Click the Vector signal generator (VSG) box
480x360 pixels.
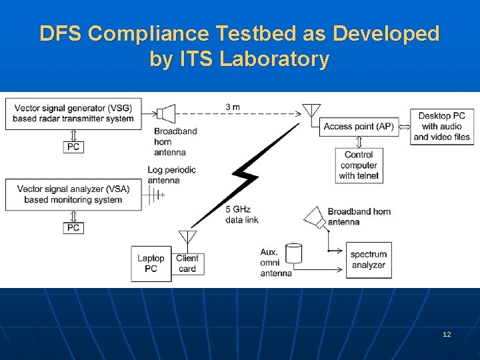[73, 113]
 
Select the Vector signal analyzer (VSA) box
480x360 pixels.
[73, 194]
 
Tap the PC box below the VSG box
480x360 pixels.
[73, 147]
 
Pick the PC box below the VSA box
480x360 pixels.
[73, 228]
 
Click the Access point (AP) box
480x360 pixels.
[359, 127]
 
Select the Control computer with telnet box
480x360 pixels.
[359, 165]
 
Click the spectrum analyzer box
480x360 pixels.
[368, 259]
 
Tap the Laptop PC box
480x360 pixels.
[151, 263]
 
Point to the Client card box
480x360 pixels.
[187, 263]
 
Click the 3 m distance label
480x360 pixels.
[233, 107]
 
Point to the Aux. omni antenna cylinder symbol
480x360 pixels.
[293, 253]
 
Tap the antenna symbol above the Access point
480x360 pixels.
[311, 111]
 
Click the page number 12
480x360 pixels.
[446, 334]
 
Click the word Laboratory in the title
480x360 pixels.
[275, 59]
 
